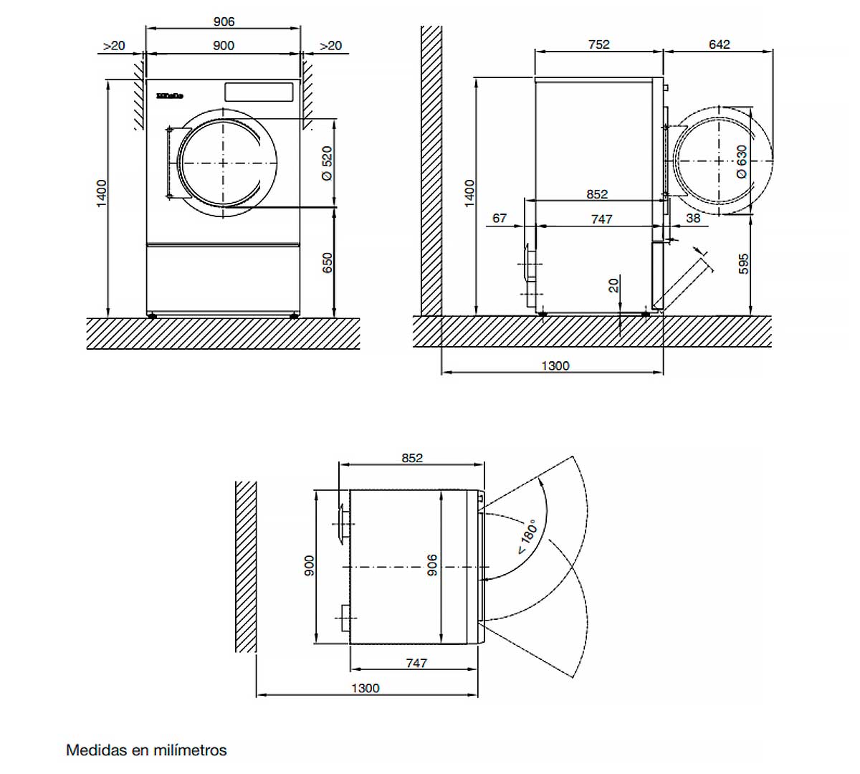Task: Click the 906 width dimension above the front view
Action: pyautogui.click(x=224, y=21)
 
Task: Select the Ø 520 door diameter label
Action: pyautogui.click(x=327, y=163)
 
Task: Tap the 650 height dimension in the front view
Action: pyautogui.click(x=327, y=263)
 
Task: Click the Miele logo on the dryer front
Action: pyautogui.click(x=169, y=95)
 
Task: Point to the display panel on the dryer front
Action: pyautogui.click(x=259, y=92)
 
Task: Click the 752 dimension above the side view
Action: pyautogui.click(x=599, y=44)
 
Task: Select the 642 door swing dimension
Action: pyautogui.click(x=719, y=44)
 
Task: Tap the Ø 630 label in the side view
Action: pyautogui.click(x=742, y=162)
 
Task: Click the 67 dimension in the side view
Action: pyautogui.click(x=500, y=219)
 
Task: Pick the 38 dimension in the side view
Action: pyautogui.click(x=693, y=219)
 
